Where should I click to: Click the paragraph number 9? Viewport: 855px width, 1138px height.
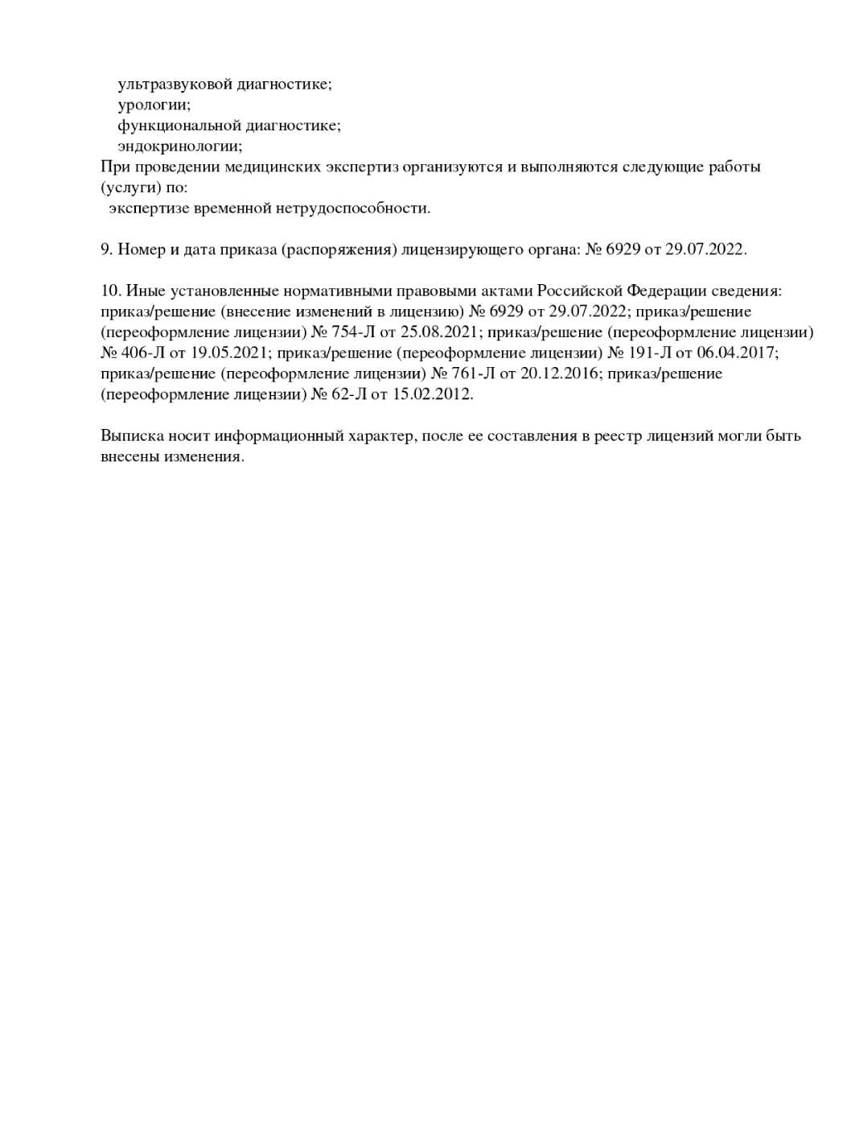click(106, 249)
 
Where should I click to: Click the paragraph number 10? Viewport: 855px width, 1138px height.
click(110, 291)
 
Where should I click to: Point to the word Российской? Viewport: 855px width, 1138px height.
click(579, 291)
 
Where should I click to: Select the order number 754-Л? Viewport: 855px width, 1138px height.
click(354, 332)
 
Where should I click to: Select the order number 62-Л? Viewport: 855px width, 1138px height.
click(349, 394)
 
